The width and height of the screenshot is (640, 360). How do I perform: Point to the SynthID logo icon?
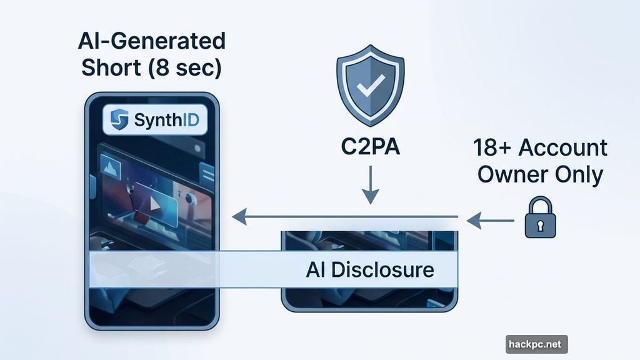(x=119, y=119)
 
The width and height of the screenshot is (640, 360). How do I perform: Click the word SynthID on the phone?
(x=166, y=120)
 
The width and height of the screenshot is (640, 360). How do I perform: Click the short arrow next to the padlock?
(x=489, y=219)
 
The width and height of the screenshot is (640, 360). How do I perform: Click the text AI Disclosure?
(x=370, y=271)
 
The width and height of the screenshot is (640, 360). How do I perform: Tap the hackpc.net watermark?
(x=537, y=344)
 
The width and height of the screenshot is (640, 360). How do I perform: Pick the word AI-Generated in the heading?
(x=152, y=41)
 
